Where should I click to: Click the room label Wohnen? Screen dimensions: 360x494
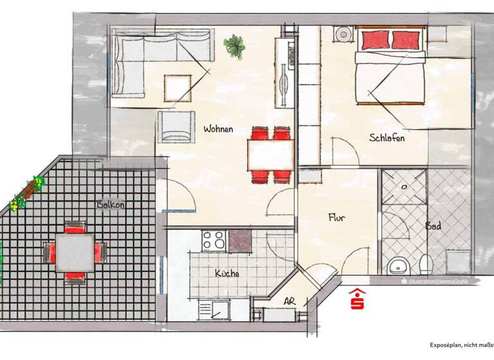coord(218,129)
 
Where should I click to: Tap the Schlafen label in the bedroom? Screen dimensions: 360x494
coord(387,137)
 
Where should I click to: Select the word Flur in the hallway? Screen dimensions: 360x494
coord(336,218)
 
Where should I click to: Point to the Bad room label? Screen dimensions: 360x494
coord(432,226)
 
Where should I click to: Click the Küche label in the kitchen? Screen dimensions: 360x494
coord(226,273)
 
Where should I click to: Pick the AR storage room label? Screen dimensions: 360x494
coord(289,301)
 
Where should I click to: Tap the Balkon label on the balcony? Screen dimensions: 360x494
coord(111,204)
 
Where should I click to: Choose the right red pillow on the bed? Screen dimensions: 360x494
coord(407,40)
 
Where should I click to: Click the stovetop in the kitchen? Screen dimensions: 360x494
coord(214,240)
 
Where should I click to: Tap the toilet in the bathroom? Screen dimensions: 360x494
coord(425,264)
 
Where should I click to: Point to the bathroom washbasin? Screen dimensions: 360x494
coord(398,264)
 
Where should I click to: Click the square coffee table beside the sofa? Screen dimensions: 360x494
coord(178,88)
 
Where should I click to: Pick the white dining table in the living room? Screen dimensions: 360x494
coord(270,154)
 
